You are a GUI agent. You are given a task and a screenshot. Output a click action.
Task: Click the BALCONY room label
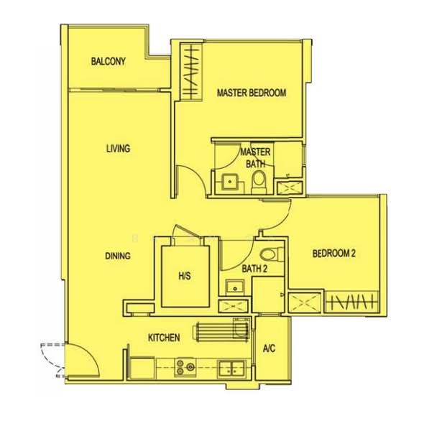point(108,61)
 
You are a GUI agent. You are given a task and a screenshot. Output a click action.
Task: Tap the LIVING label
point(118,149)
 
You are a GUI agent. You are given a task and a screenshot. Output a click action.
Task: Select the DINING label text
point(118,256)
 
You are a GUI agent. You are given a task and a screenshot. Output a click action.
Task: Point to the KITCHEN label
point(164,338)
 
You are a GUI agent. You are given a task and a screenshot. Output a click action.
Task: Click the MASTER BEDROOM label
point(252,93)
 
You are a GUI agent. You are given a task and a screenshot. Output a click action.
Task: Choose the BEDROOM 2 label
point(334,254)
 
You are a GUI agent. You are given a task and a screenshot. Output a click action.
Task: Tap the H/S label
point(185,276)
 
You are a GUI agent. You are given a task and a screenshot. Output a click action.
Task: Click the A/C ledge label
point(269,348)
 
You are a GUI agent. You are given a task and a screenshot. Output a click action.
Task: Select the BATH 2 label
point(254,269)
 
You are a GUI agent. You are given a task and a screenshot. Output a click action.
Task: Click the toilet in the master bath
point(259,182)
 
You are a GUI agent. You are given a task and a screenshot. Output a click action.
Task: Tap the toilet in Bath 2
point(271,254)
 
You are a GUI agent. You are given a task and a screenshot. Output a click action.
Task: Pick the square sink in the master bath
point(230,182)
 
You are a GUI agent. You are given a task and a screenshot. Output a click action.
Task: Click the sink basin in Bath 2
point(235,287)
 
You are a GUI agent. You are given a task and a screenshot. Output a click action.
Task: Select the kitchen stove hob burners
point(185,367)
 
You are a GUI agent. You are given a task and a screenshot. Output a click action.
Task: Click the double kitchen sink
point(232,369)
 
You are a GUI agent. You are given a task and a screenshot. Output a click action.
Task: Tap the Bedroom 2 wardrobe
point(351,302)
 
